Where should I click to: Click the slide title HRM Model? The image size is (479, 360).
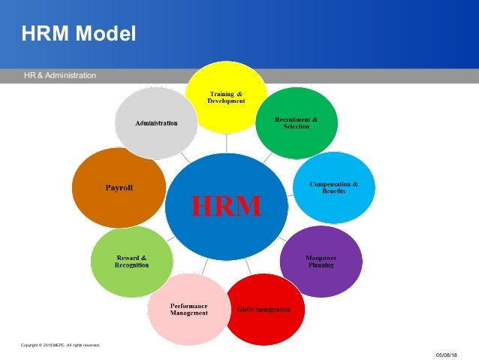(x=79, y=34)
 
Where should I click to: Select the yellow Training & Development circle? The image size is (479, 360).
(x=226, y=83)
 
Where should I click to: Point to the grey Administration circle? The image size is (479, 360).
(x=156, y=123)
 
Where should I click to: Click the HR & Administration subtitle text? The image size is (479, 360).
(x=59, y=75)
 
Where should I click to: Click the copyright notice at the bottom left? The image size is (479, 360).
(x=60, y=345)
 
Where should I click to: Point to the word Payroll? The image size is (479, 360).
(x=119, y=187)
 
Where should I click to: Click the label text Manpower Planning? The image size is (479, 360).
(x=320, y=262)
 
